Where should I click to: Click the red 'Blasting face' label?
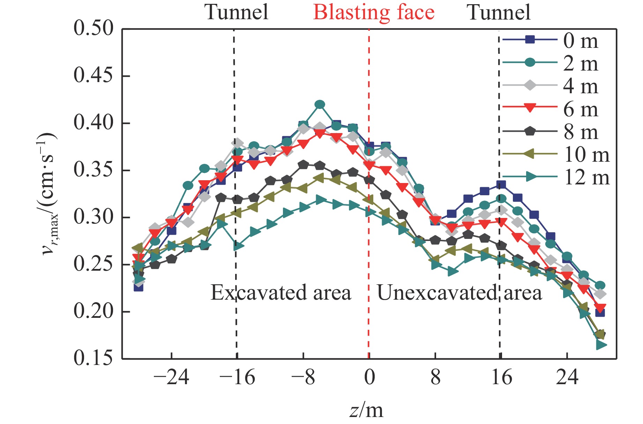(374, 13)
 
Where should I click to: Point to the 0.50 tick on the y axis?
(89, 28)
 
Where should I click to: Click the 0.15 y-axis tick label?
(89, 358)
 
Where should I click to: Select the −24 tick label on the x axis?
(171, 378)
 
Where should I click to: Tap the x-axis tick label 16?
(501, 378)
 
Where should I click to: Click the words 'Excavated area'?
(281, 293)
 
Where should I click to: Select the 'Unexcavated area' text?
(459, 293)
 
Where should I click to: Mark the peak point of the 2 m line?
(320, 104)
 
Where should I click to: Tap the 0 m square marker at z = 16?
(501, 185)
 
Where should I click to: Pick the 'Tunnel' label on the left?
(237, 13)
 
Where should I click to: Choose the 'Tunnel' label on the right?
(499, 13)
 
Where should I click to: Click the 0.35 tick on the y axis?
(89, 170)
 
